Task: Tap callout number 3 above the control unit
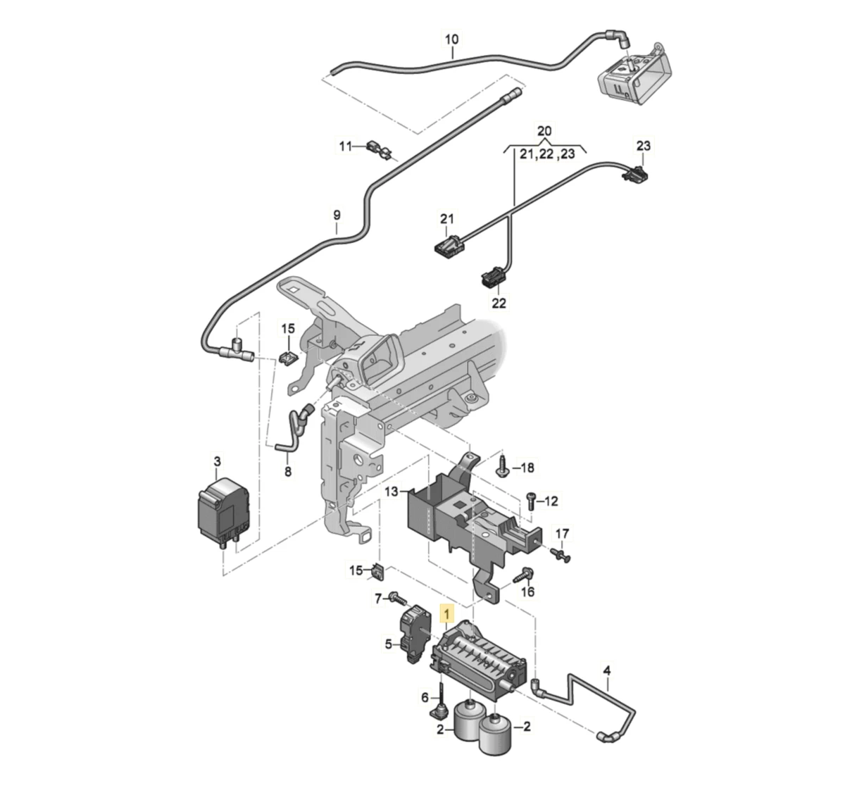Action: pyautogui.click(x=217, y=461)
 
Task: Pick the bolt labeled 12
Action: pyautogui.click(x=532, y=501)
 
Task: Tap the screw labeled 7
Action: pyautogui.click(x=396, y=599)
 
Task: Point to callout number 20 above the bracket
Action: pyautogui.click(x=545, y=131)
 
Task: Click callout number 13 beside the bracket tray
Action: pyautogui.click(x=392, y=490)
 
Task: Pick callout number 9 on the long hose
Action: pyautogui.click(x=337, y=215)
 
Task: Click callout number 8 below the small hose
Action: pyautogui.click(x=287, y=471)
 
